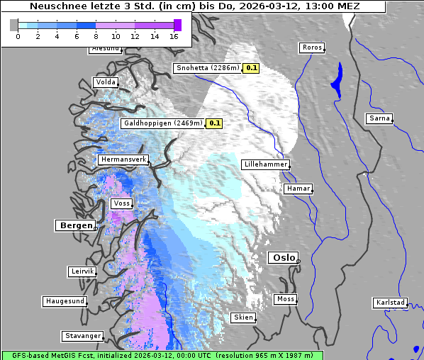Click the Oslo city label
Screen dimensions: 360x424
[283, 258]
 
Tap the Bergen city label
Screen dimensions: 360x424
[74, 225]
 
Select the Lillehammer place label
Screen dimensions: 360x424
[265, 164]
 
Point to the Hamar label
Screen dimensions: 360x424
[297, 189]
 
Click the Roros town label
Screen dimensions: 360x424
[311, 47]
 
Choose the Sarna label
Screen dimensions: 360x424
[379, 118]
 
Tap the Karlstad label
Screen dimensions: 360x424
[390, 303]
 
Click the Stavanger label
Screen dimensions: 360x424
[82, 336]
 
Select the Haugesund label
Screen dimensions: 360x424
[65, 301]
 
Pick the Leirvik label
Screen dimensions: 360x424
[82, 271]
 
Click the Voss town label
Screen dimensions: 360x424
[121, 203]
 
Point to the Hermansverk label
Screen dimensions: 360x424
[123, 160]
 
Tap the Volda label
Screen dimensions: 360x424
[105, 82]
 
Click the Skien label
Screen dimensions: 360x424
[242, 317]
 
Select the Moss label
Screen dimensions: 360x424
[285, 299]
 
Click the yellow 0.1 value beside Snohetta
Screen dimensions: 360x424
[252, 68]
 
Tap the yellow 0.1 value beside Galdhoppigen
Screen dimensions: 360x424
[215, 123]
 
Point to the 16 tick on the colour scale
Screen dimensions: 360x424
[174, 36]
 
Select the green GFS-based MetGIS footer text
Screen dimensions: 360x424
[162, 355]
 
